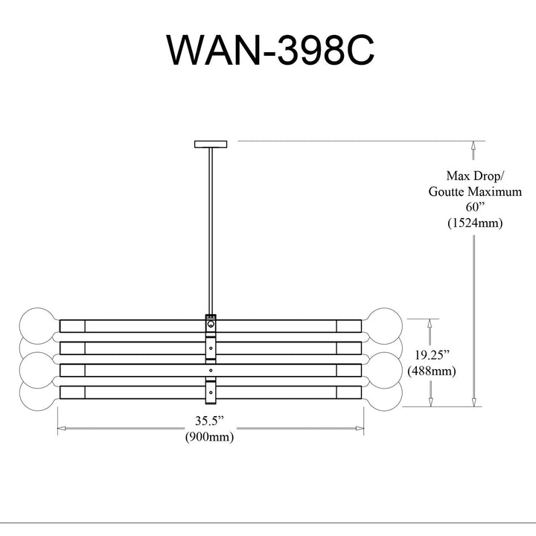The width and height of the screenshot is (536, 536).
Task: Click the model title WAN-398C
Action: (x=270, y=50)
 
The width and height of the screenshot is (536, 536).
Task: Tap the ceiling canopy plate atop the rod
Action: (x=211, y=144)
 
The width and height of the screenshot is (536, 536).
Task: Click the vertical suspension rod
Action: (x=211, y=231)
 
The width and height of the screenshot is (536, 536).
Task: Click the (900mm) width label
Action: (x=209, y=436)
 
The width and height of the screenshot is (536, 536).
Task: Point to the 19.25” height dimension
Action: (x=431, y=355)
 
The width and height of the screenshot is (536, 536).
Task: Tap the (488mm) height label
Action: (x=431, y=371)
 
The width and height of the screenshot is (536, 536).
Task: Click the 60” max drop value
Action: (x=475, y=207)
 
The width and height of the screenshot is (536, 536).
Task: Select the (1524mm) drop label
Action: (x=475, y=223)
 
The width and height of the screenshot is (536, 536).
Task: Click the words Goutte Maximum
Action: (x=475, y=191)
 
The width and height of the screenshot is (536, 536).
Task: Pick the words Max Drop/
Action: (x=475, y=176)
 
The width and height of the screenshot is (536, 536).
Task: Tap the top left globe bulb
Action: (x=38, y=326)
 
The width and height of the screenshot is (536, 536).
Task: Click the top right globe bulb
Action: (x=384, y=326)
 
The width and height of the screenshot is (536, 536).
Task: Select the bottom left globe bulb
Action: (x=38, y=393)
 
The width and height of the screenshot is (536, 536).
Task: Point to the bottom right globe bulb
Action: (x=384, y=393)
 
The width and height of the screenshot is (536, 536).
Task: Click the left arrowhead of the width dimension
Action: (x=62, y=428)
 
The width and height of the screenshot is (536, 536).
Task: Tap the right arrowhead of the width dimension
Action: (x=360, y=428)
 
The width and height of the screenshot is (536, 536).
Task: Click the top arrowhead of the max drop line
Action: (x=473, y=146)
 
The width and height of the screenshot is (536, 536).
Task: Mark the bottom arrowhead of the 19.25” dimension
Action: (x=431, y=402)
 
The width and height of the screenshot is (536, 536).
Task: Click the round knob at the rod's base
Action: (x=211, y=324)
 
